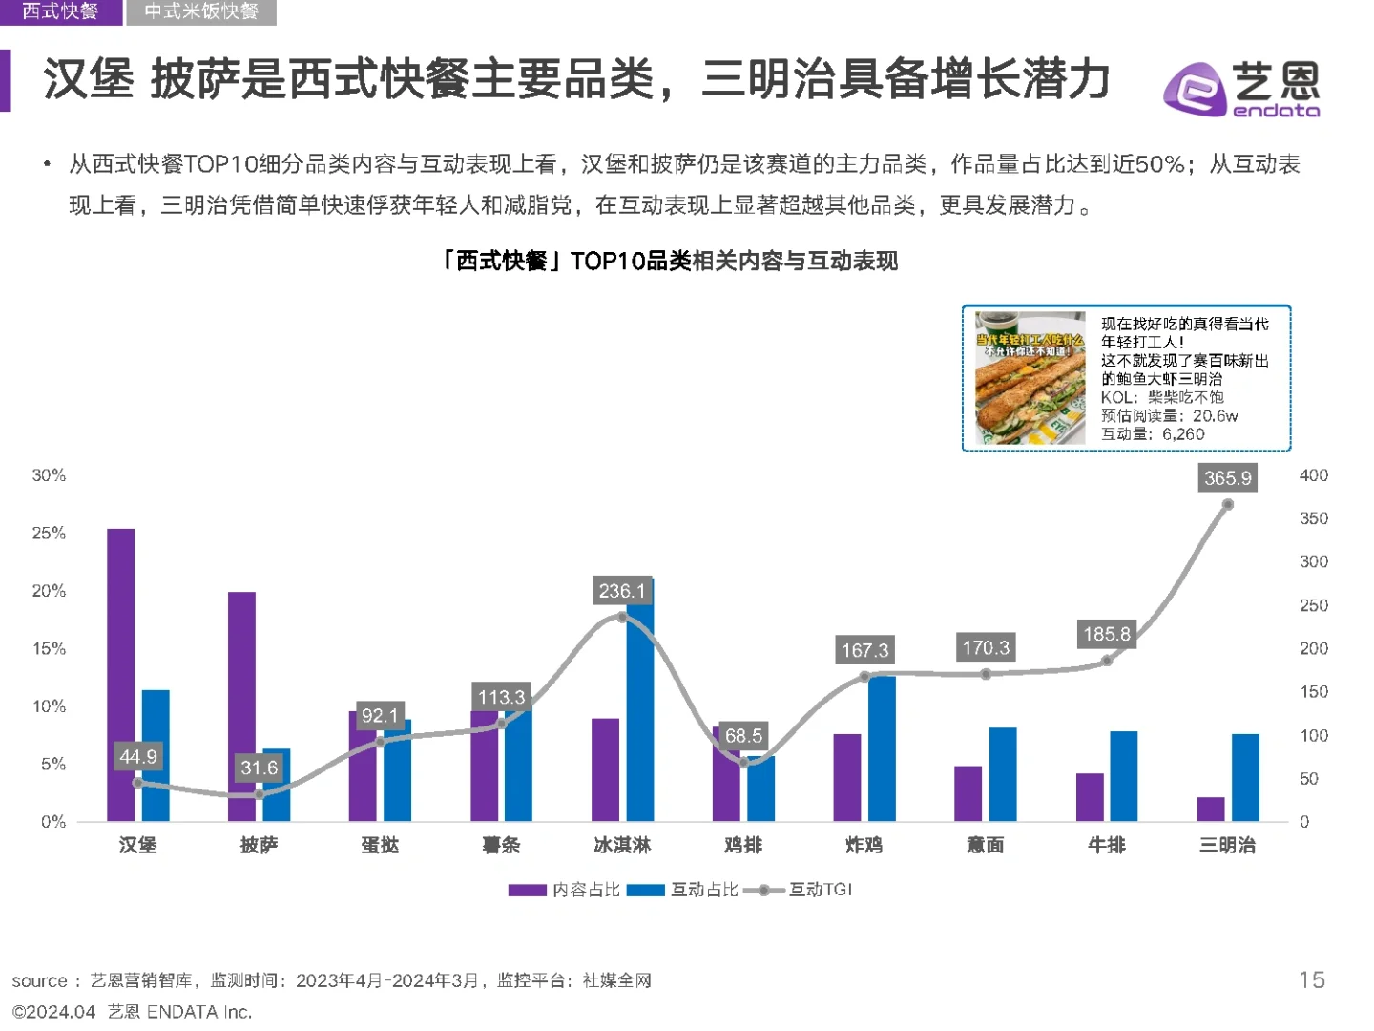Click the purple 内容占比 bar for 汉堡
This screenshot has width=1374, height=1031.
120,674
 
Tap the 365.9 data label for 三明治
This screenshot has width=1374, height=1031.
1227,477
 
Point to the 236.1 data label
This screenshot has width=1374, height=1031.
621,591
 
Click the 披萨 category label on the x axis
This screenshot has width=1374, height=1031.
259,845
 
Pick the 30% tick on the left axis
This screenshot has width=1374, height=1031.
49,475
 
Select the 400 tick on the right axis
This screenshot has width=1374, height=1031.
1313,475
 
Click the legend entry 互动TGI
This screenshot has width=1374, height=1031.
819,890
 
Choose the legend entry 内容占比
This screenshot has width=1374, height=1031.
585,890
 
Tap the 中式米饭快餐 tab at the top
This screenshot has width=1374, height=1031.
201,11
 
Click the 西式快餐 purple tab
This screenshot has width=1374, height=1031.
60,11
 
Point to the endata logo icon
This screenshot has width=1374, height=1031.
1194,90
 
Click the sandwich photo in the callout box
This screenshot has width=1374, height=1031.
1030,378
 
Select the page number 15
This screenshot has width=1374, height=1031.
1311,980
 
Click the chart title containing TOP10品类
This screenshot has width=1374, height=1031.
668,261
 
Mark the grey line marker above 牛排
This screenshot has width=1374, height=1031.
1107,661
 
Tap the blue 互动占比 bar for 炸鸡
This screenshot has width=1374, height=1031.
882,747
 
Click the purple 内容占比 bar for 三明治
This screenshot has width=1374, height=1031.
1211,809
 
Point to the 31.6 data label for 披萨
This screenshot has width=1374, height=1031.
259,768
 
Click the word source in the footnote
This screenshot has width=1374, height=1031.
39,981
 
